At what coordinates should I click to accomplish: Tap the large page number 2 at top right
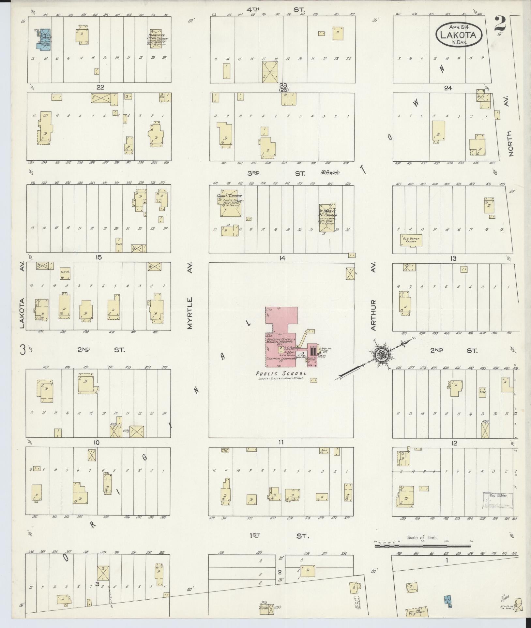(500, 25)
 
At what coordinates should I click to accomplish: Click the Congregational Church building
(230, 206)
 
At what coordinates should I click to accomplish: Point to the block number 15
(99, 257)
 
